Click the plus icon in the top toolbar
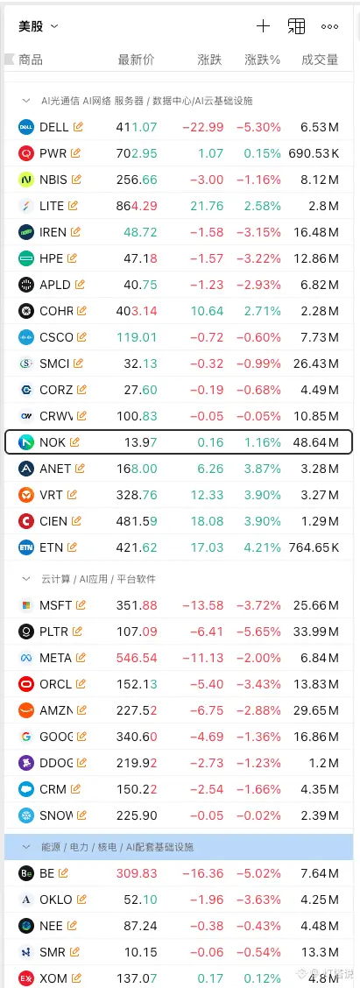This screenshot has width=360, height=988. click(x=263, y=25)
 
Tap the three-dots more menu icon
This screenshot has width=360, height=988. click(x=329, y=26)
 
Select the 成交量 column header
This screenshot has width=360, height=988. click(x=320, y=60)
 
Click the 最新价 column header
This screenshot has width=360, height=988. click(x=136, y=60)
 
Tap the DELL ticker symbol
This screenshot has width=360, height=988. click(x=53, y=127)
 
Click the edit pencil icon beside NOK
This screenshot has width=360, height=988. click(x=74, y=442)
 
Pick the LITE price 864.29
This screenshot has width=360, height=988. click(x=136, y=206)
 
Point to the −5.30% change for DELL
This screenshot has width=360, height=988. click(x=258, y=127)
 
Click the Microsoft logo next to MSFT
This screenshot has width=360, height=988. click(x=26, y=605)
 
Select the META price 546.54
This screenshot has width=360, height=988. click(x=136, y=658)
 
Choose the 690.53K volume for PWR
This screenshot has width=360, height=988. click(x=314, y=153)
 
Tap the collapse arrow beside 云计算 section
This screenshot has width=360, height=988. click(x=26, y=578)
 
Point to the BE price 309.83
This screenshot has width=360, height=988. click(x=136, y=873)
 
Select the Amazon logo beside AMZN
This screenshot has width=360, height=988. click(x=26, y=710)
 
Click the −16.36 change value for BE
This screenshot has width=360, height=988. click(x=203, y=873)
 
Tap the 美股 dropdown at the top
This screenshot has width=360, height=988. click(x=38, y=26)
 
